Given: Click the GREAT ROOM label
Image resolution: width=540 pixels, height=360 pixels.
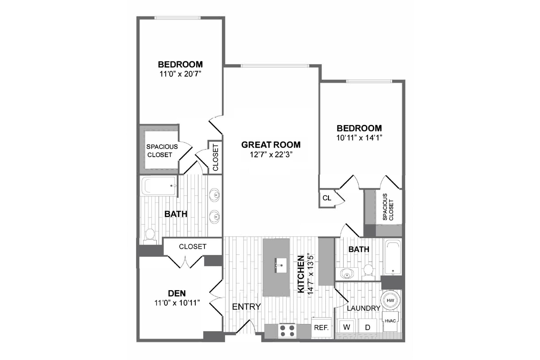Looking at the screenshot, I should click(x=271, y=145).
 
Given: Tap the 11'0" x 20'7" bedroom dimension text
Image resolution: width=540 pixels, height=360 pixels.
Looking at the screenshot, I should click(x=180, y=74).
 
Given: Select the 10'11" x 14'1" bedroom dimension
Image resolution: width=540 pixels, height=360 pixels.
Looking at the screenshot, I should click(x=359, y=138).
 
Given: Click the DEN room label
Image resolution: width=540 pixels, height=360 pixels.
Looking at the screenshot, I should click(x=177, y=293).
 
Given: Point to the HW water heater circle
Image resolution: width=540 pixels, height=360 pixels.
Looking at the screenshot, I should click(x=390, y=300).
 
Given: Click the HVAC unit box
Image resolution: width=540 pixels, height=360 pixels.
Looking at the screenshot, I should click(x=390, y=321).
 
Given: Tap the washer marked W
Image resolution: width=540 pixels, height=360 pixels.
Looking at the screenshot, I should click(x=346, y=327).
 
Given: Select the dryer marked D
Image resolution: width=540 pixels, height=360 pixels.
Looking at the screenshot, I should click(x=367, y=327).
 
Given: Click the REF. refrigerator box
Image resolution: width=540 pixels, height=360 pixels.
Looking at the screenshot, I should click(x=321, y=328).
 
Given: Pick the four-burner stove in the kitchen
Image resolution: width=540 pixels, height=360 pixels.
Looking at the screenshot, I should click(x=287, y=331).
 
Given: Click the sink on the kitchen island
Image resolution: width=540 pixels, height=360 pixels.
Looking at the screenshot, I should click(x=280, y=265).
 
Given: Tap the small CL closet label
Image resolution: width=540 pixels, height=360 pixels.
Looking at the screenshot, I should click(x=327, y=198).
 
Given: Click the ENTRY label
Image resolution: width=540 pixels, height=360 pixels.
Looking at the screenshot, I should click(x=246, y=307).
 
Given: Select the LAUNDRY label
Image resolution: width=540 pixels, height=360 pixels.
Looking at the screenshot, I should click(x=363, y=308).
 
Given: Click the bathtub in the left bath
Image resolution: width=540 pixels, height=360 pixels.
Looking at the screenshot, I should click(x=158, y=186).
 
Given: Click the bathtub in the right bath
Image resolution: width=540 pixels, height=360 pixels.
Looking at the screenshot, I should click(x=393, y=257).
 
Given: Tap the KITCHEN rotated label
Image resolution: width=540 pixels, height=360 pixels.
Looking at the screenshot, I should click(x=301, y=274).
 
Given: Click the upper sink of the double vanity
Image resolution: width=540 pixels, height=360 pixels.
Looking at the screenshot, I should click(x=215, y=195).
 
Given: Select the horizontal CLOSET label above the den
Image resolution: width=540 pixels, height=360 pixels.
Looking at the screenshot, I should click(x=193, y=247).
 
